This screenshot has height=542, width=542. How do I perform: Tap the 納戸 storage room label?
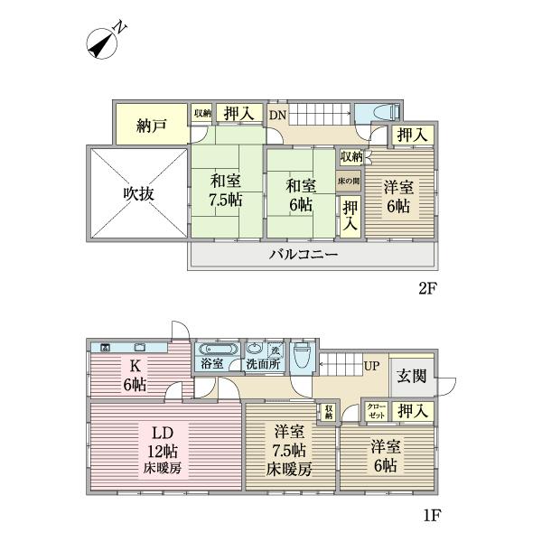pyautogui.click(x=152, y=126)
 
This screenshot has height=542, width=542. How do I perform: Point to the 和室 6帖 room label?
pyautogui.click(x=301, y=194)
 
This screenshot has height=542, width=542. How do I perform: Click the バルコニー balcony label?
pyautogui.click(x=303, y=255)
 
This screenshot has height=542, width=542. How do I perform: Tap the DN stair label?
pyautogui.click(x=277, y=115)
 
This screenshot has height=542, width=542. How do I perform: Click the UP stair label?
pyautogui.click(x=370, y=365)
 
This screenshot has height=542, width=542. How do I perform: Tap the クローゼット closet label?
pyautogui.click(x=376, y=411)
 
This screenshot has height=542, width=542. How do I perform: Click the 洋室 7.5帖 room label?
pyautogui.click(x=289, y=450)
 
